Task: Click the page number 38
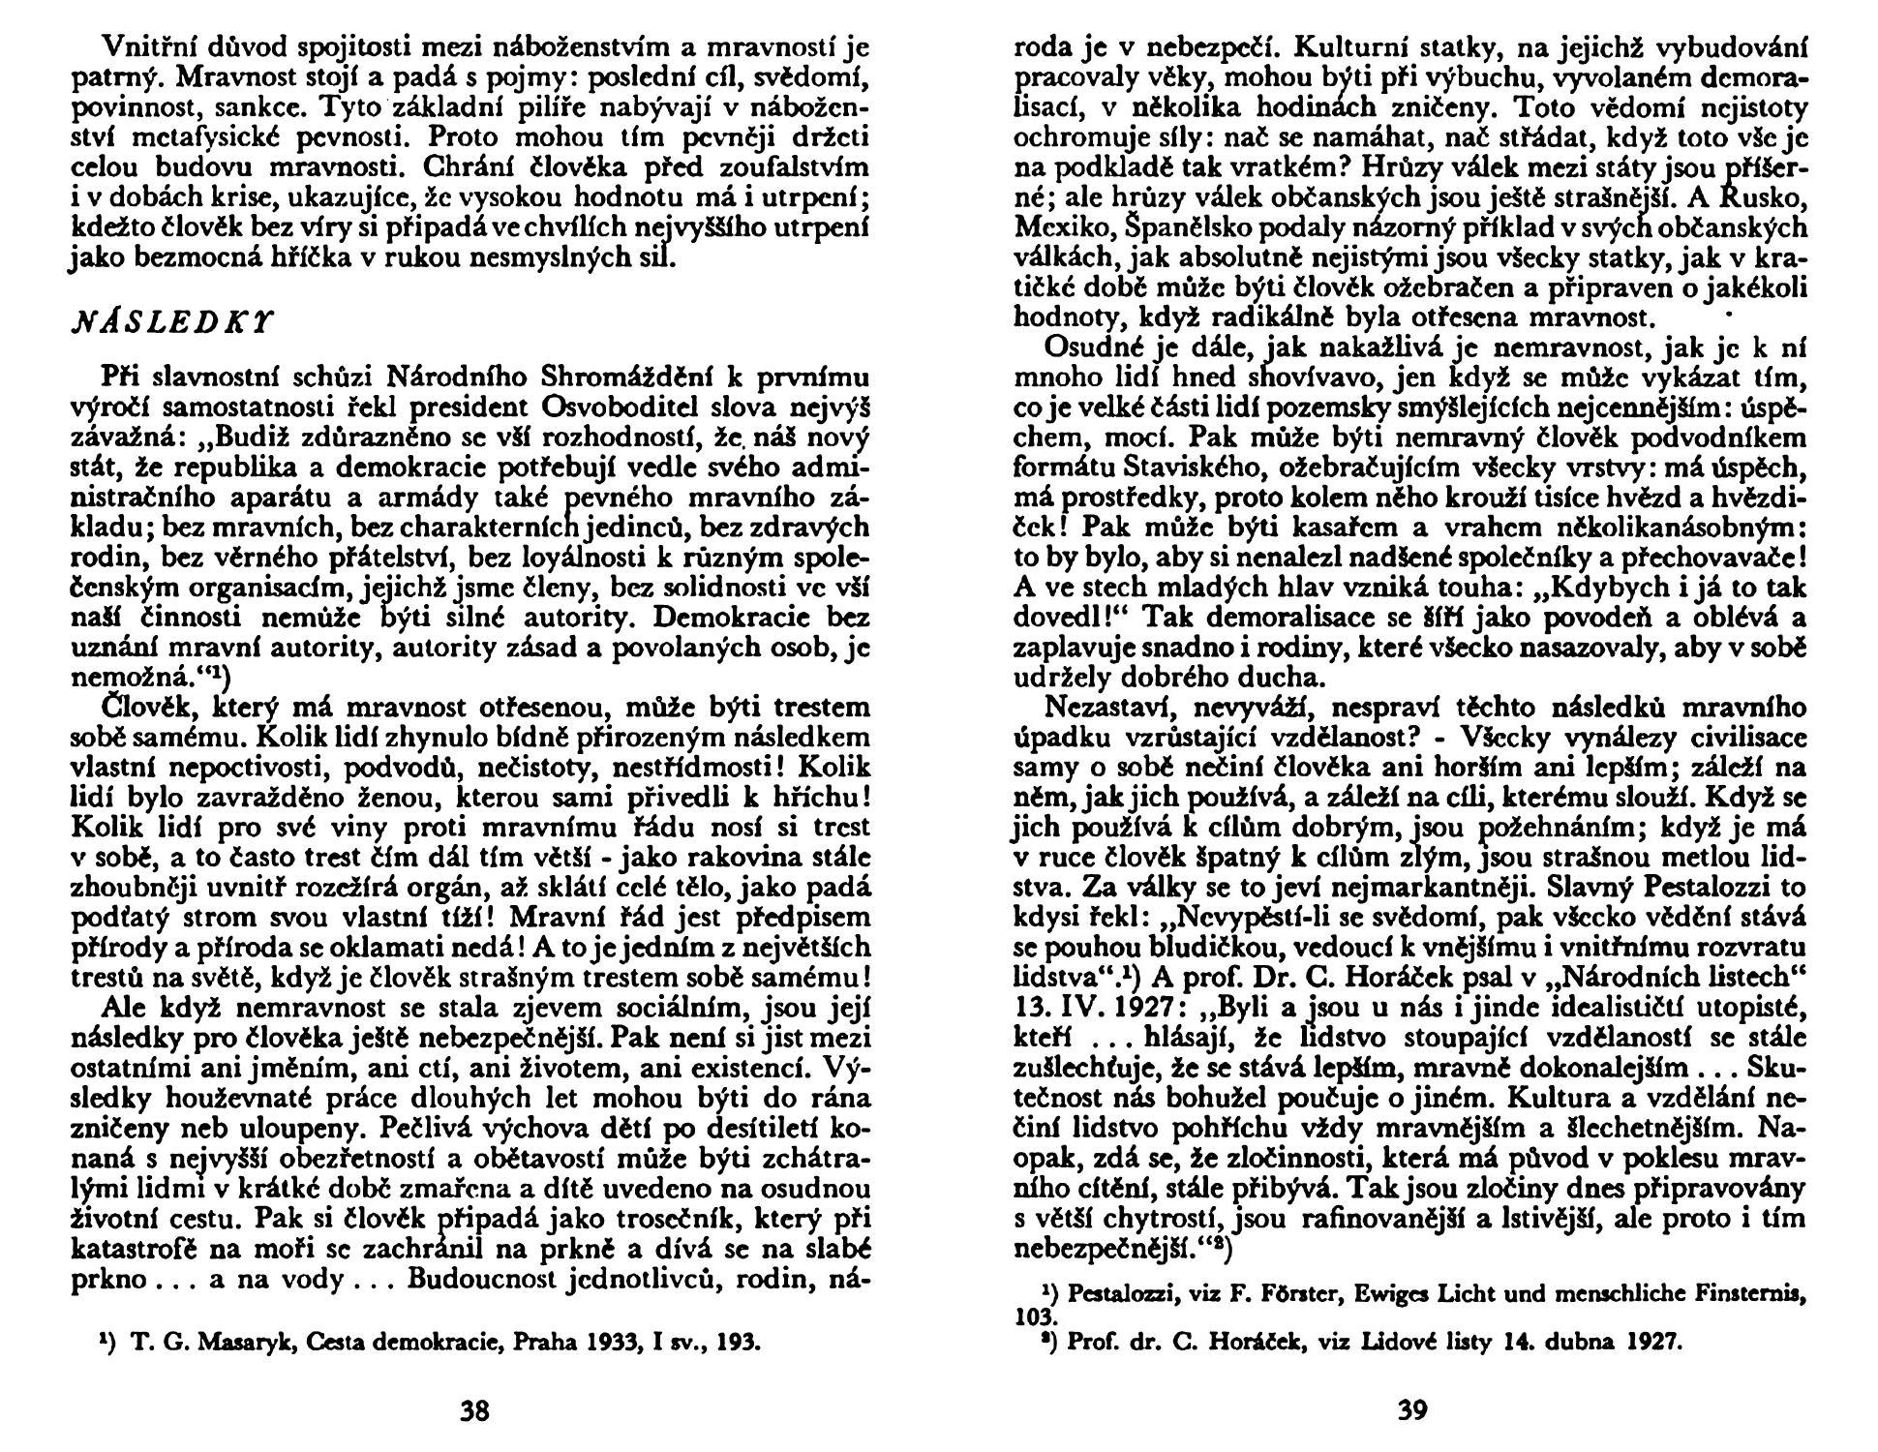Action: pyautogui.click(x=473, y=1410)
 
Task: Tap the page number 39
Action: pyautogui.click(x=1412, y=1410)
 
